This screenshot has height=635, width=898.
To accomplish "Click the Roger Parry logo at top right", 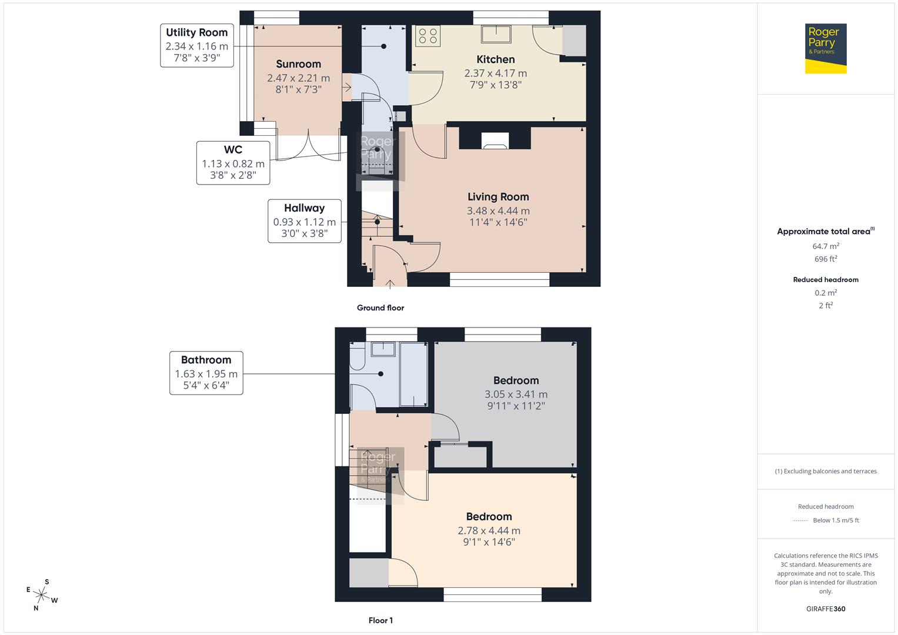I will point(825,48).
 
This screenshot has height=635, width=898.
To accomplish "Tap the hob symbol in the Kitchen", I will point(428,35).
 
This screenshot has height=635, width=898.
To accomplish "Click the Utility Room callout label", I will point(196,45).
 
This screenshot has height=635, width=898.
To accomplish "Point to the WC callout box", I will point(233,162).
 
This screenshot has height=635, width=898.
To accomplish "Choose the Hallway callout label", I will point(304,221).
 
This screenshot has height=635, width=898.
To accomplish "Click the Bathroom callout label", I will point(206,373).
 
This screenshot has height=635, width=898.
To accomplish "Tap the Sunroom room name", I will point(298,64).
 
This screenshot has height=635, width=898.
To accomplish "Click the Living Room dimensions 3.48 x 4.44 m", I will point(498,210).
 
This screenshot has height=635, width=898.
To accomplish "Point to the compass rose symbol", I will point(42,595).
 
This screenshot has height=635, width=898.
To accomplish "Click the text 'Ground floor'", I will point(380,308).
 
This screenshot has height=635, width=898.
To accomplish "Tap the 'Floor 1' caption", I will point(380,620).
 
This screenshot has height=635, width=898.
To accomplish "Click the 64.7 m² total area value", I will point(826,246).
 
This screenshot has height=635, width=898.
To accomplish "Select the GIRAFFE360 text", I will point(826,609).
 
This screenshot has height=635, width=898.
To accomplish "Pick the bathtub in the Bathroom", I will point(413,375).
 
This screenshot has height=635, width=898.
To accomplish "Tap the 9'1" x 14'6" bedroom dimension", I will point(489,542).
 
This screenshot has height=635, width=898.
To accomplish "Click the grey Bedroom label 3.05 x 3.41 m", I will point(516,394).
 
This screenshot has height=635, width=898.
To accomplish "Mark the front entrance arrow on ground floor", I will point(389,285).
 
